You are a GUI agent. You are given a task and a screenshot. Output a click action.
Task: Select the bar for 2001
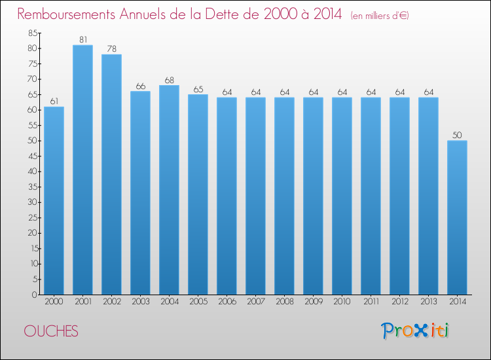coord(82,170)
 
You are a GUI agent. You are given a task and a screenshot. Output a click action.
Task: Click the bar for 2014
coord(457,217)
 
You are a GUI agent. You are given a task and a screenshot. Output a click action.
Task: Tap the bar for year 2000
coord(54,201)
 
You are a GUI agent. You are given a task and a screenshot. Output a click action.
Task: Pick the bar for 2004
coord(169,190)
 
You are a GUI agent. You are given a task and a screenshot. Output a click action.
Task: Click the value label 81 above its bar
coord(83,40)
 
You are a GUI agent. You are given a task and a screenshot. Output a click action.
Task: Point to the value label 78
coord(112,49)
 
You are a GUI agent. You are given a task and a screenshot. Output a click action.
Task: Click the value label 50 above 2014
coord(457,135)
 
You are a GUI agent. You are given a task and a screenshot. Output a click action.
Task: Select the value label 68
coord(170,80)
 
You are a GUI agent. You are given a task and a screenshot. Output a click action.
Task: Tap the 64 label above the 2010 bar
coord(342,92)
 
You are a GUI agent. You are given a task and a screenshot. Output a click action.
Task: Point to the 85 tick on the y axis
coord(33,33)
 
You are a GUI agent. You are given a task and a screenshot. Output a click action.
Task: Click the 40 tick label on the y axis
coord(33,171)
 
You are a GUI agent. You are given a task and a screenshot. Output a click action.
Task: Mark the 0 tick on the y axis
coord(35,295)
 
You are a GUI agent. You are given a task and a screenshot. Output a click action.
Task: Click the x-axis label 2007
coord(256,302)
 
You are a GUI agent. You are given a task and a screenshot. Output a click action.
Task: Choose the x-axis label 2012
coord(400,302)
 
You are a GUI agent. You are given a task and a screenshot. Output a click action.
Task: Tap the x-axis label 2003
coord(141,302)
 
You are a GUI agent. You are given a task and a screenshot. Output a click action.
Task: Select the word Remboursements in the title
coord(66,14)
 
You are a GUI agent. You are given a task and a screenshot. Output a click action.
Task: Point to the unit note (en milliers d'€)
coord(380,16)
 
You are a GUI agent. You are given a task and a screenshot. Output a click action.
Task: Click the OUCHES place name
coord(51,331)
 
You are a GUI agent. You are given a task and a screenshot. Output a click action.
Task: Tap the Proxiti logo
coord(415,331)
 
